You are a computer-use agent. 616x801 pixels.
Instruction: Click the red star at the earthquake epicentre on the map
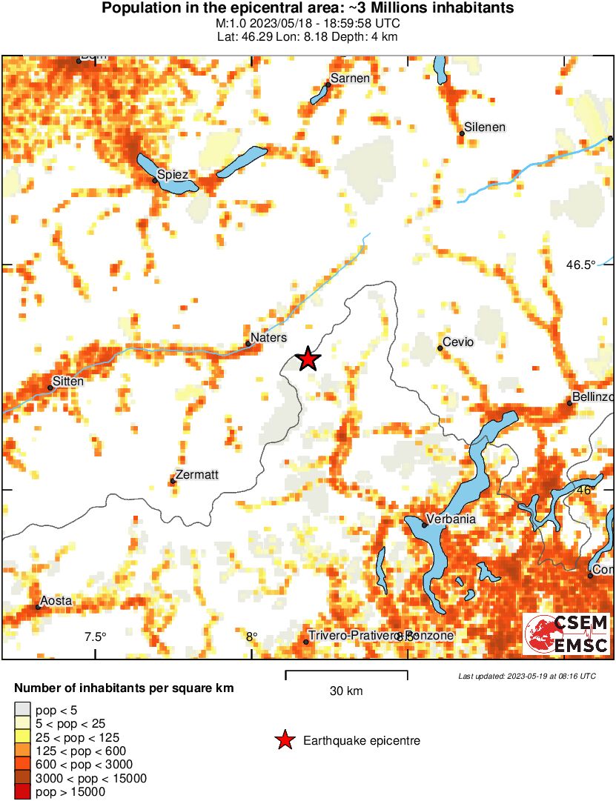pos(308,359)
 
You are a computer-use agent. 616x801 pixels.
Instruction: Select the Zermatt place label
pos(198,474)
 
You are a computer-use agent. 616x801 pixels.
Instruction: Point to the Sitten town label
pos(68,381)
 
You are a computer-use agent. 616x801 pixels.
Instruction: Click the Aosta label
pos(56,600)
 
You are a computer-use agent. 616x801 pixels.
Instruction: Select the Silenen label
pos(485,127)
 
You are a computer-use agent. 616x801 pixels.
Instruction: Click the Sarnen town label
pos(350,79)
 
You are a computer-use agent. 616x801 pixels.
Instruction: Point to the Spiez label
pos(177,174)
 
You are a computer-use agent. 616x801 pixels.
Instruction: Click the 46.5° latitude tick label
pos(580,265)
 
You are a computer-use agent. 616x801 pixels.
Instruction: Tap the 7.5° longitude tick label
pos(95,637)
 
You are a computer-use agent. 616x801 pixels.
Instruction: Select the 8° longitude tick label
pos(251,637)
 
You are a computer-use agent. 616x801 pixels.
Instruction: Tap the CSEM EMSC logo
pos(567,634)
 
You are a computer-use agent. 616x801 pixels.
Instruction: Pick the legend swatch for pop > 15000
pos(24,792)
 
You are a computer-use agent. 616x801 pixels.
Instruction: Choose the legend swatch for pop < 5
pos(24,709)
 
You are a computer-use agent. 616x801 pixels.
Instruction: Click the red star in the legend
pos(284,740)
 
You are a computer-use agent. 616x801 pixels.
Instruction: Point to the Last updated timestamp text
pos(526,676)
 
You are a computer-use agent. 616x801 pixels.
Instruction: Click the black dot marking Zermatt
pos(173,482)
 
